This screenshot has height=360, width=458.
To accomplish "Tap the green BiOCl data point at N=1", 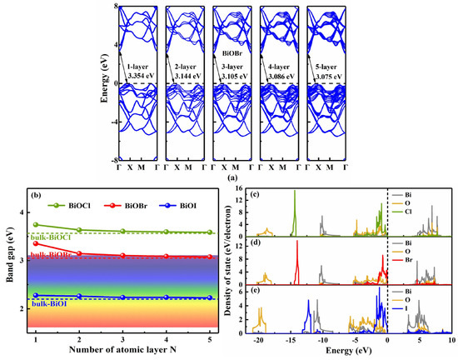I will click(36, 225).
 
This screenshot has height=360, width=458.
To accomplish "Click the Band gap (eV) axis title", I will click(8, 262).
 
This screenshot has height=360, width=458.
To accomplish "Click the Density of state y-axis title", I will click(232, 262).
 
